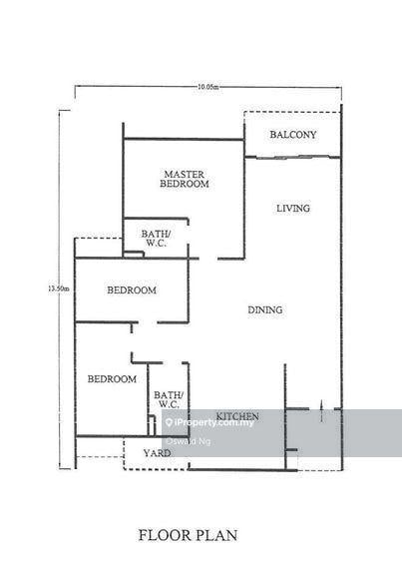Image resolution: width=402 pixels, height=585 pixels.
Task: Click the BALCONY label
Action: click(293, 135)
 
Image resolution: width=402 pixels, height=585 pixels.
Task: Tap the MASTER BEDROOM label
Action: click(185, 179)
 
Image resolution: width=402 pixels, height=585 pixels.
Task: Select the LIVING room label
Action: click(293, 209)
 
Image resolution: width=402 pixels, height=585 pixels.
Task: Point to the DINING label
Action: click(265, 309)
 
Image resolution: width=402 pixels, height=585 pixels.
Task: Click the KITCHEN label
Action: click(237, 416)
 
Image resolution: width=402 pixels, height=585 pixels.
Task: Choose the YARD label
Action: click(157, 453)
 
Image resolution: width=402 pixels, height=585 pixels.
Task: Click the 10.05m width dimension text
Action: click(207, 87)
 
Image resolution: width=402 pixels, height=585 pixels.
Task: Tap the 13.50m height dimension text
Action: click(59, 289)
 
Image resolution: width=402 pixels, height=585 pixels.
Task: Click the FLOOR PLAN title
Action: click(188, 535)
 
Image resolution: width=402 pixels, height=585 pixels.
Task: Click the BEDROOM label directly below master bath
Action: click(132, 290)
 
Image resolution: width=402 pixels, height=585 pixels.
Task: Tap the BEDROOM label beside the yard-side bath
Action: click(112, 379)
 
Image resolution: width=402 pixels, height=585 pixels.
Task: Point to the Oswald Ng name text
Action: click(188, 441)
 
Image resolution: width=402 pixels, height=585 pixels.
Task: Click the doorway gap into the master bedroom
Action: click(208, 259)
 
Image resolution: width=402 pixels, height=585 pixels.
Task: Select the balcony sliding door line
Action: click(292, 158)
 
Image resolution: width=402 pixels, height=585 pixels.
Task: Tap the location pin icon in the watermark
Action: click(170, 422)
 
